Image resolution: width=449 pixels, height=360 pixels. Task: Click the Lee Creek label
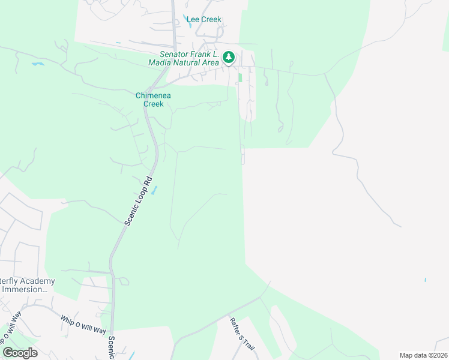[204, 19]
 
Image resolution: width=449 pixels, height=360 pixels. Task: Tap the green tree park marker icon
[228, 58]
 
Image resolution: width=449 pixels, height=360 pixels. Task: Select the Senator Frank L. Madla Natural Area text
[185, 58]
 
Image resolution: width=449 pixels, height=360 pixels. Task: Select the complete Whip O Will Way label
[83, 323]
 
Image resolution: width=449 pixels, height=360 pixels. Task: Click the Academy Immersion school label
[28, 285]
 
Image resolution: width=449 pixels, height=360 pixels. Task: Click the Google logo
[20, 353]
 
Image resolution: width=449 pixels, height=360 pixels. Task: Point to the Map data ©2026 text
[423, 355]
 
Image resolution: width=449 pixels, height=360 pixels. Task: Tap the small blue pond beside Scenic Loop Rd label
[154, 190]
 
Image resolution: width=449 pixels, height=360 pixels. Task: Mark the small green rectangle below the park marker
[240, 77]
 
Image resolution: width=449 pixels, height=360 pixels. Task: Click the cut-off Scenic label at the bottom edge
[111, 347]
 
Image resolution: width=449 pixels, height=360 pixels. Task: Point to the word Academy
[36, 281]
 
